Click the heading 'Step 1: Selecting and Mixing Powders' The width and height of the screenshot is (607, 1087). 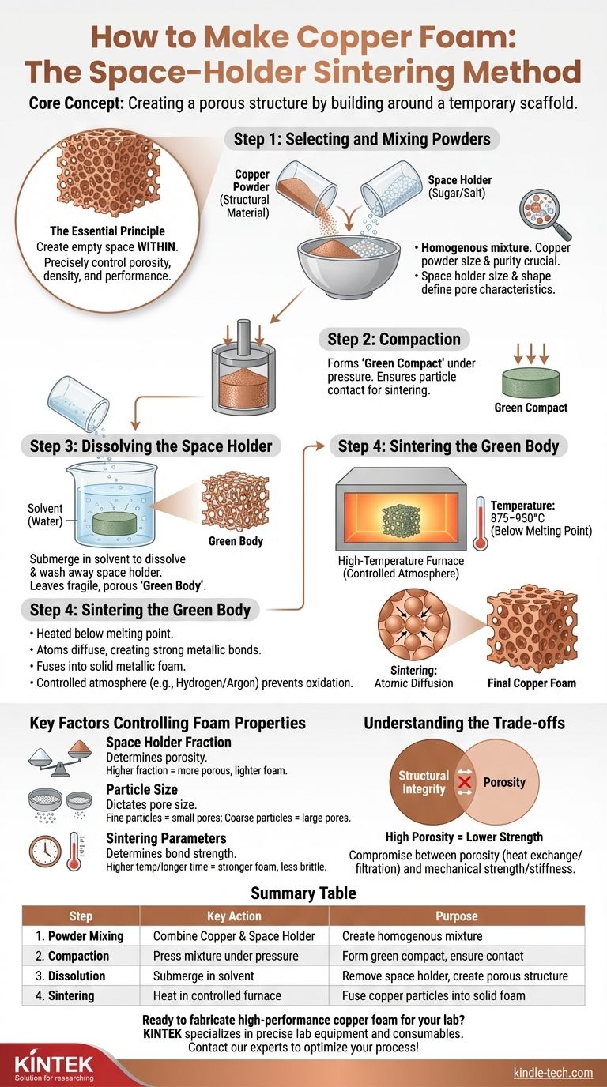362,140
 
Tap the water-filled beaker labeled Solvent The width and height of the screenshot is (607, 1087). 115,506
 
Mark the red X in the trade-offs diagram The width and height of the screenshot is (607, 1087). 466,782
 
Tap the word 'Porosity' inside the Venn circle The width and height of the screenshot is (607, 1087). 503,782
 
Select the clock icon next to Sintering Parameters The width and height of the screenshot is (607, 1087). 44,852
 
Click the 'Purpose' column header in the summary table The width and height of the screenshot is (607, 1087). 456,916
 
